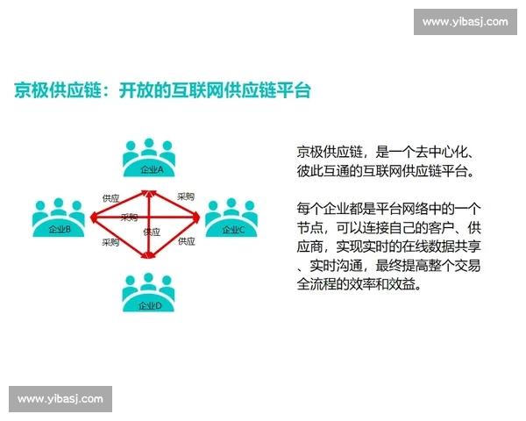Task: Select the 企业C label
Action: [233, 230]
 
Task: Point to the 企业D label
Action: [150, 305]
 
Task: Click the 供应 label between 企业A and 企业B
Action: [110, 198]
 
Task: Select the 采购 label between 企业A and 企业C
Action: [186, 196]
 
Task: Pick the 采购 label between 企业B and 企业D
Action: [110, 242]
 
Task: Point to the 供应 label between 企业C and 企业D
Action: [187, 241]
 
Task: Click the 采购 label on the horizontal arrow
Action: [129, 217]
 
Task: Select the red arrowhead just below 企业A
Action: [151, 189]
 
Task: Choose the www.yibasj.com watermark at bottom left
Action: [60, 399]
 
